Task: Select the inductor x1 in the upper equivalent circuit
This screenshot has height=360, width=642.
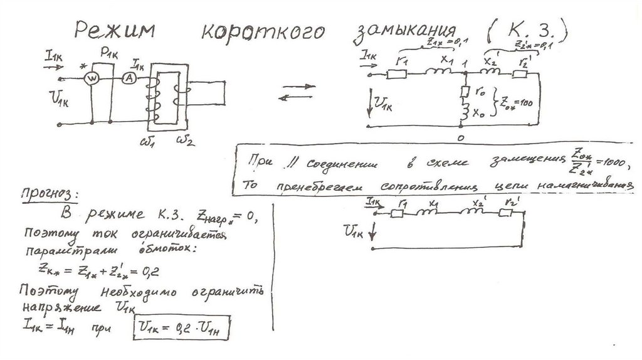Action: click(x=437, y=74)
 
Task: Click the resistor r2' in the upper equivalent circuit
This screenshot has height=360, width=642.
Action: click(x=520, y=75)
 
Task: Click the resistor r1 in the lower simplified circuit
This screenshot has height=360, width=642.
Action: click(x=397, y=213)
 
